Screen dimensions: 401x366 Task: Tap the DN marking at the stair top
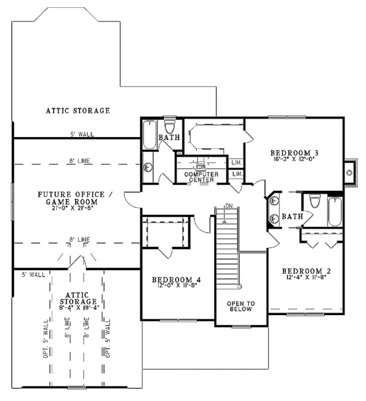pos(229,207)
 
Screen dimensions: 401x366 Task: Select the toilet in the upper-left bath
pos(170,126)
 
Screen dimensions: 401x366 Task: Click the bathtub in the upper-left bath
pos(149,135)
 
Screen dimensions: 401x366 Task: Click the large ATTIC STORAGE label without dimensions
pos(78,111)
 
